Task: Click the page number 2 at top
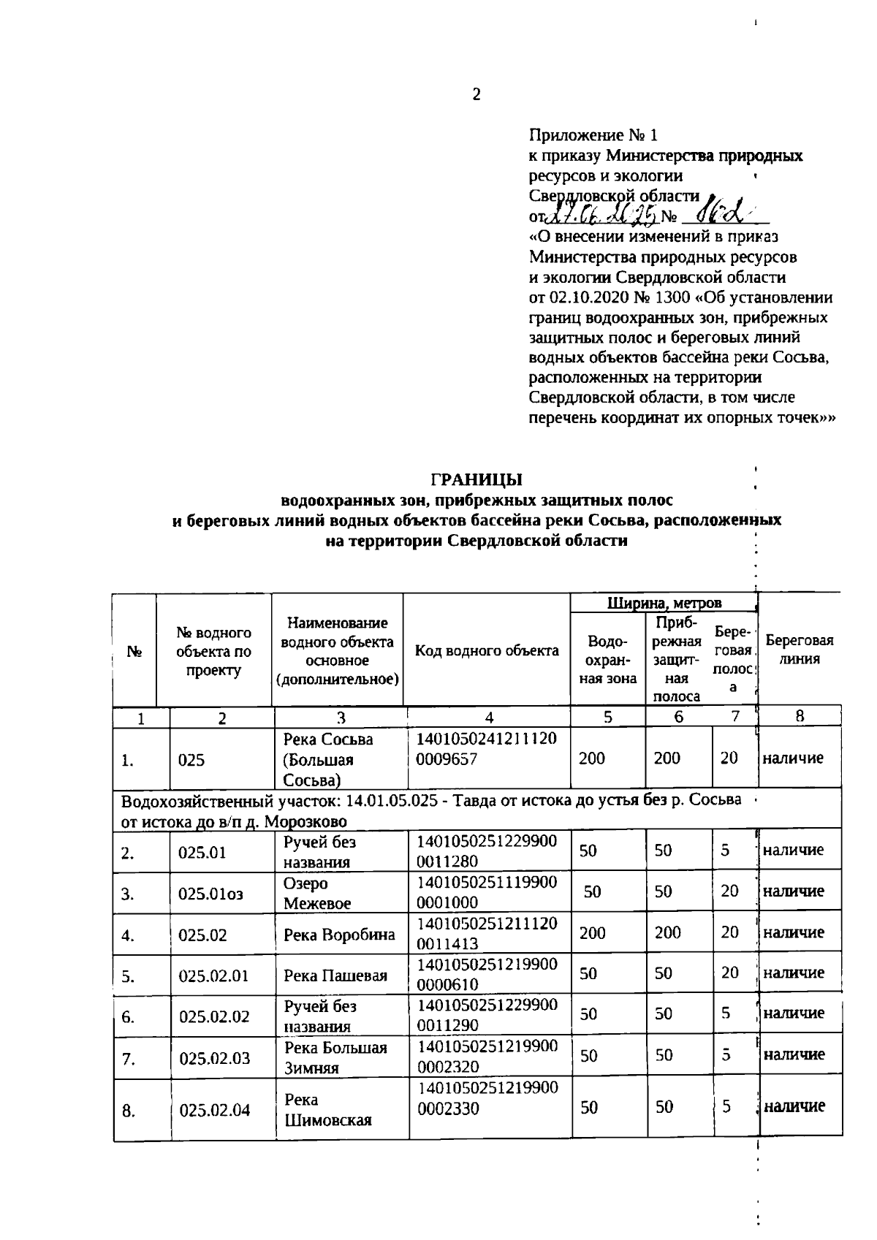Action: pyautogui.click(x=477, y=94)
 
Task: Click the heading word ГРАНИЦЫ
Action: pyautogui.click(x=476, y=479)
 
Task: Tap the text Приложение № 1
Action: pyautogui.click(x=593, y=135)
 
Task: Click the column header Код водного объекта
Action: pyautogui.click(x=487, y=650)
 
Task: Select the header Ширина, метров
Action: pyautogui.click(x=664, y=603)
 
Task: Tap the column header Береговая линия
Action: pyautogui.click(x=799, y=649)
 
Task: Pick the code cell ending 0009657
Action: pyautogui.click(x=485, y=749)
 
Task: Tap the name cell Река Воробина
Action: pyautogui.click(x=339, y=935)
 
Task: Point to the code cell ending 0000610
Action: pyautogui.click(x=485, y=974)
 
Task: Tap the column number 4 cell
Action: pyautogui.click(x=488, y=718)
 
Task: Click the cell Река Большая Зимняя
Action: pyautogui.click(x=335, y=1057)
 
